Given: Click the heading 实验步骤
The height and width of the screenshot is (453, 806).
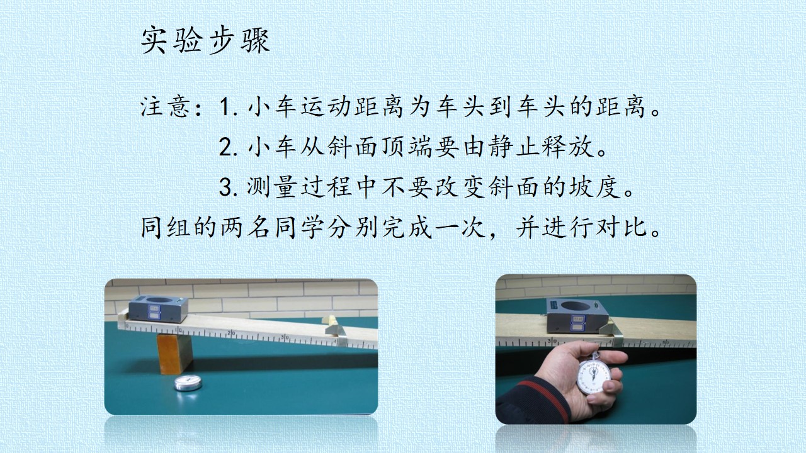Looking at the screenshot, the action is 205,40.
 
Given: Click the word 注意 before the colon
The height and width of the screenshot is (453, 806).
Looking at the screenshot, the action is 165,107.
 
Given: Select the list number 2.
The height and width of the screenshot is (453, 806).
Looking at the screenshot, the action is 228,147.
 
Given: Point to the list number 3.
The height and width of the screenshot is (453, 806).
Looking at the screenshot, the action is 228,187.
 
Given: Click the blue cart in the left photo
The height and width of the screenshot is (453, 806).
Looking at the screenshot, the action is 158,308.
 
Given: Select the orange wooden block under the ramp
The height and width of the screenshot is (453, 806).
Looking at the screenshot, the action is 175,354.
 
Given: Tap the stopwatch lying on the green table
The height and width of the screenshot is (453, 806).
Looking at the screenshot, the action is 188,383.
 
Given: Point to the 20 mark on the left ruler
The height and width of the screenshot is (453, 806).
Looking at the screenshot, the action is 230,333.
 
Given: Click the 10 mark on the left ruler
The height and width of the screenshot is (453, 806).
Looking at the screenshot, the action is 179,329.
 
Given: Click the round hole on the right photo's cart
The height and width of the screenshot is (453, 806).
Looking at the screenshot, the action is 575,306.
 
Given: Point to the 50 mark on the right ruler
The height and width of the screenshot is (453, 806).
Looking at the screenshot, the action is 666,342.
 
